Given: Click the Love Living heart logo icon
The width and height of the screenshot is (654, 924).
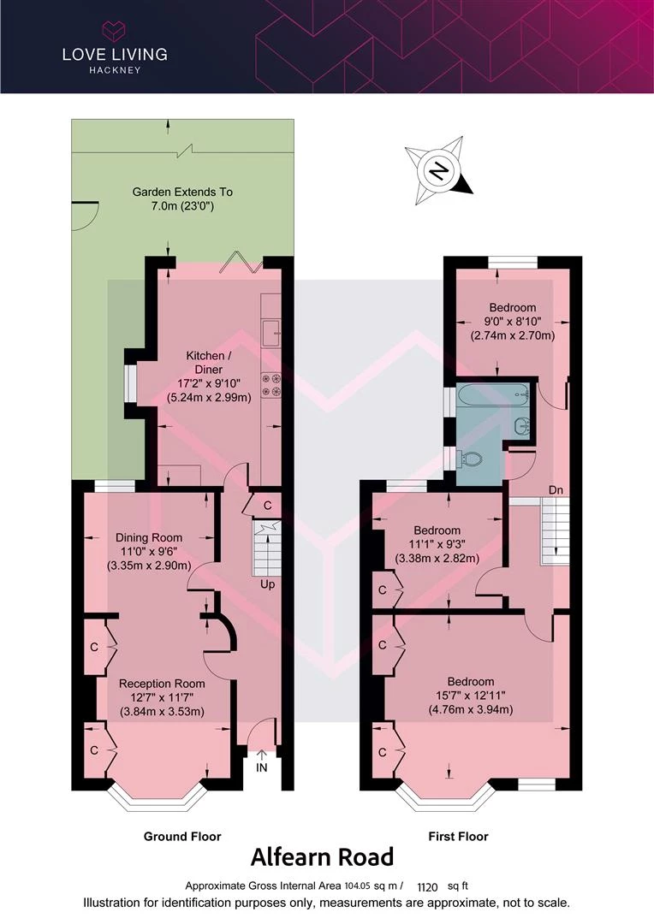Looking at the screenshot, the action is (115, 31).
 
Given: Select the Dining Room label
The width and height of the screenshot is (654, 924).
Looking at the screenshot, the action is (149, 537).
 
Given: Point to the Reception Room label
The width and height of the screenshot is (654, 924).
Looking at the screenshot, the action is (162, 684).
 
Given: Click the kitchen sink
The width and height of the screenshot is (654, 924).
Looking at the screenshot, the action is (271, 332).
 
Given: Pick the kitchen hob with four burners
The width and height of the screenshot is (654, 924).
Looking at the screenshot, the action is (271, 385).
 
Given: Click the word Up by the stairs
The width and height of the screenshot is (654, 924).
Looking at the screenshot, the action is (268, 584).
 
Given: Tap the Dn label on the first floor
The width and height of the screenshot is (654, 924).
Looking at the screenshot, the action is (556, 489).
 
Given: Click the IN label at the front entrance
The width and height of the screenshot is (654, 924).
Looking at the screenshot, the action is (261, 767).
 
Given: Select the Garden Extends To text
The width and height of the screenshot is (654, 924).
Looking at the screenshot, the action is (182, 192).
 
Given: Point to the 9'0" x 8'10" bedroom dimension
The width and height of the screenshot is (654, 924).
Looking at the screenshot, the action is (513, 322).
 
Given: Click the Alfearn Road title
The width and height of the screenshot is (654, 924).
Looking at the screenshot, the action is (323, 856).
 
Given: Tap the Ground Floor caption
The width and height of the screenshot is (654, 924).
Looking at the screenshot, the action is (182, 836).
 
